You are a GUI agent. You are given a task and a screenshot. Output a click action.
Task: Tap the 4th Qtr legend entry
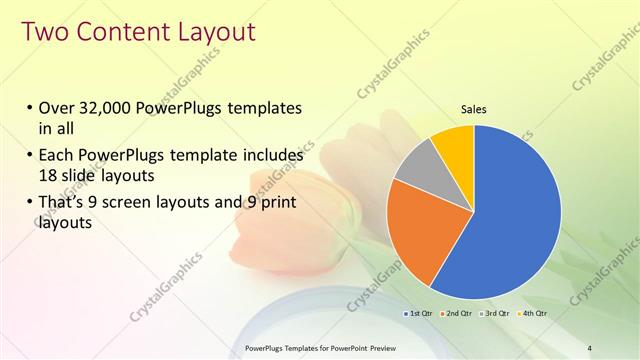533,314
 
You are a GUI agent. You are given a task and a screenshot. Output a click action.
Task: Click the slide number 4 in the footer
589,347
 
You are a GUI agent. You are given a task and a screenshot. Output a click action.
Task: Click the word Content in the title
121,32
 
